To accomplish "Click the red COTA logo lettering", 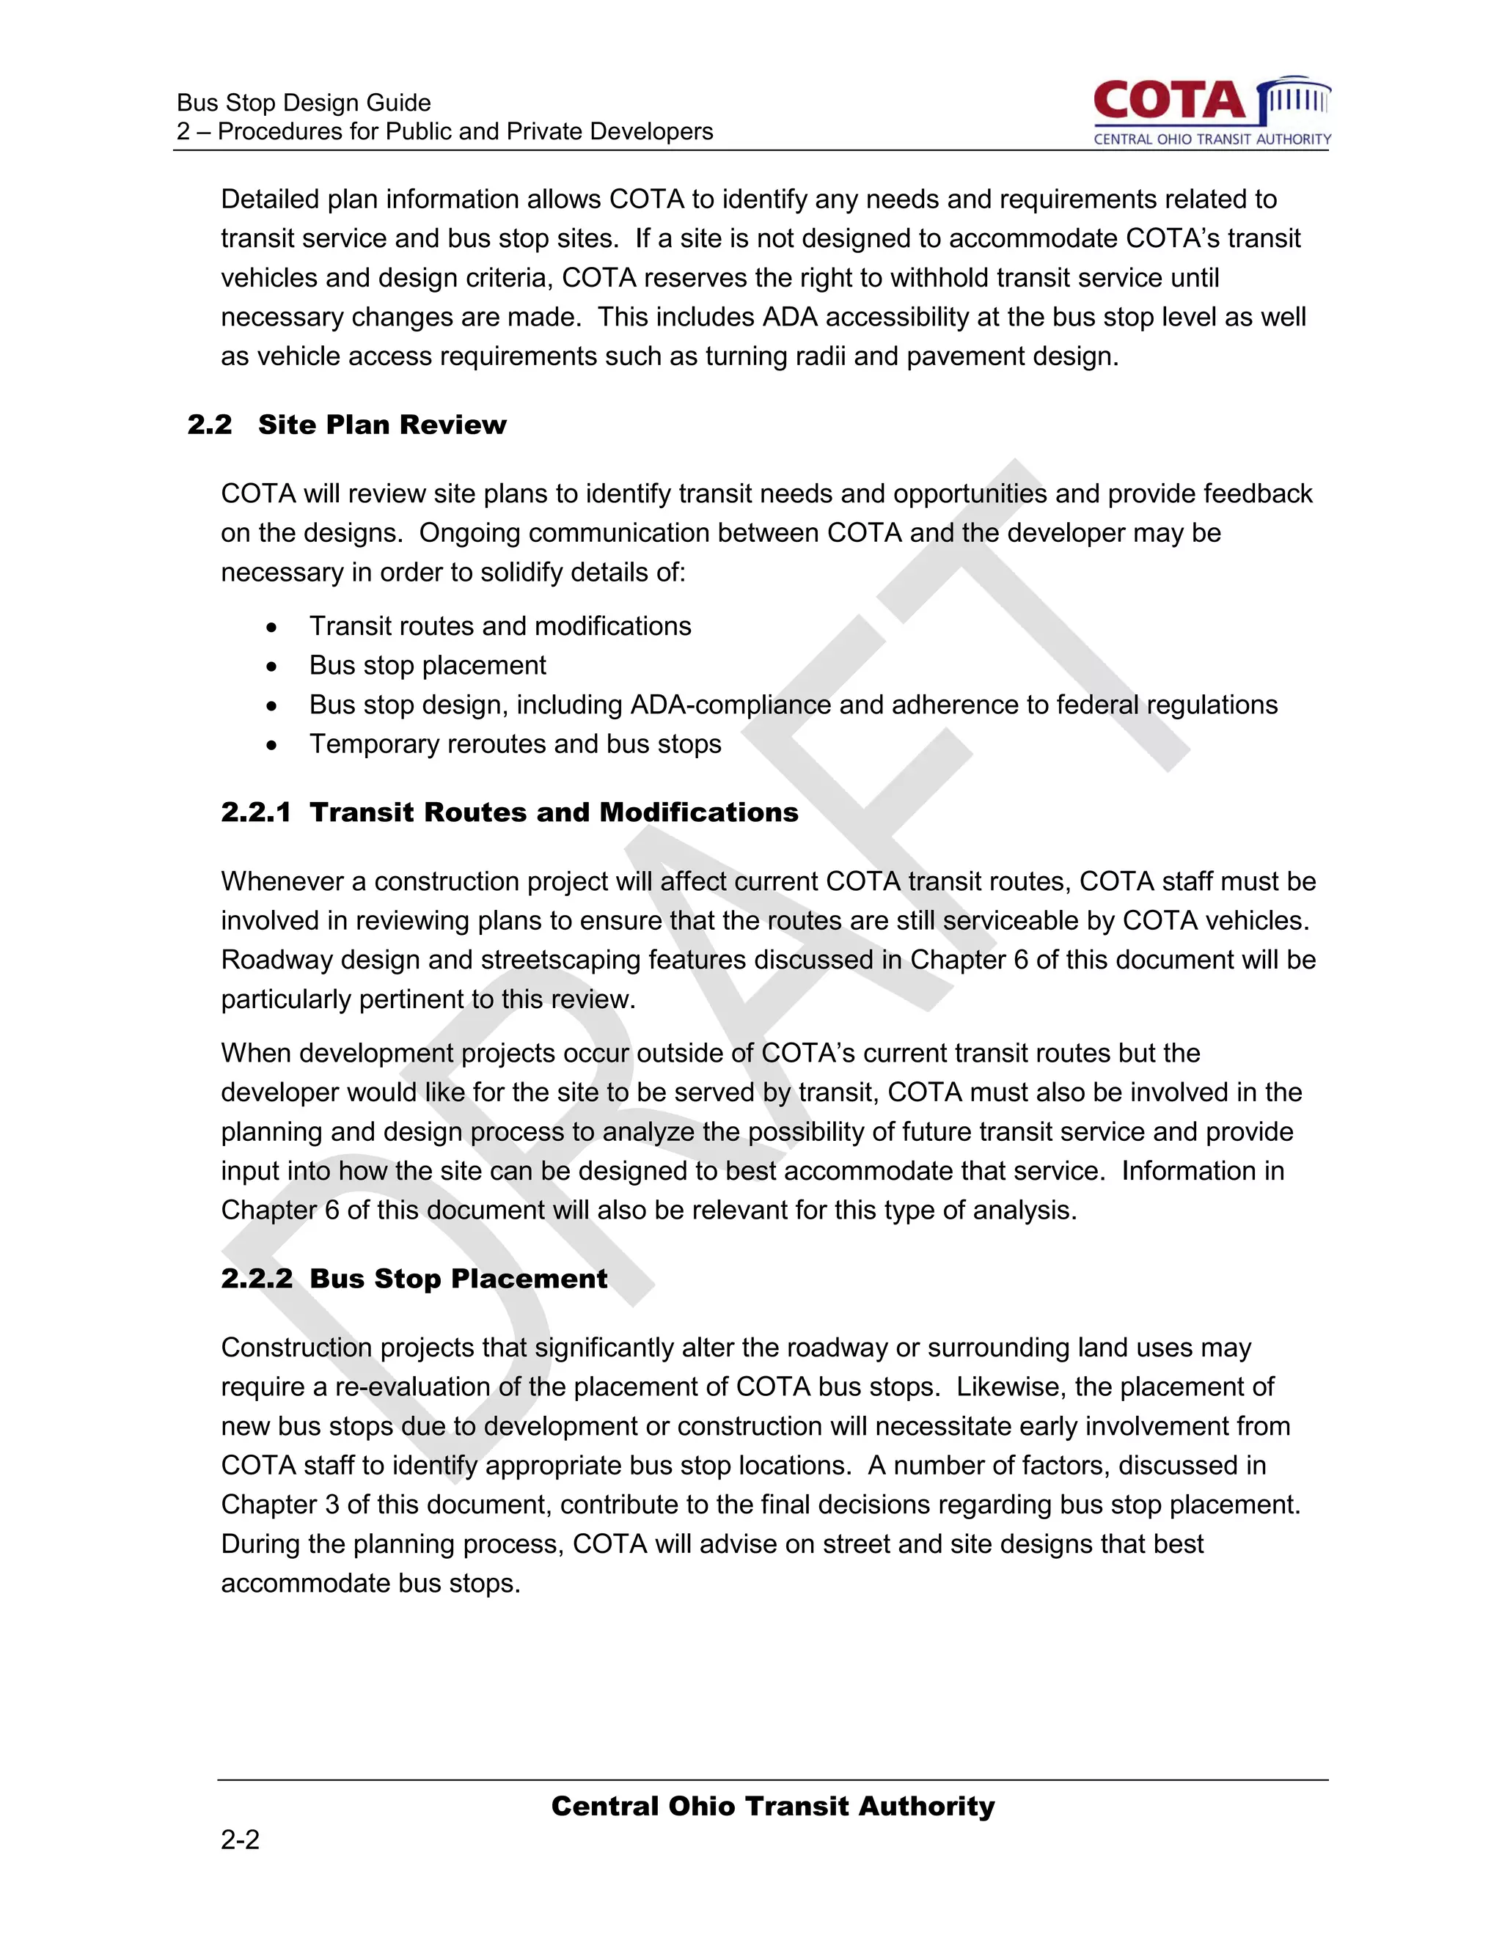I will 1169,101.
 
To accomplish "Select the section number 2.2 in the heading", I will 210,425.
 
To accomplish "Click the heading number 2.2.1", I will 256,812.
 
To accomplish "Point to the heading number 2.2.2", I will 256,1279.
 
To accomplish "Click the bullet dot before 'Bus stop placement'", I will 271,666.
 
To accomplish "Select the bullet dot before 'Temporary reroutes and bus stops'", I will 271,745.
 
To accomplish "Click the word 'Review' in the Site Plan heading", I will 453,425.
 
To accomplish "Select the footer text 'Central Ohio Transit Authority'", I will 772,1806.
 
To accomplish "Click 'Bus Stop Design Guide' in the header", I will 304,103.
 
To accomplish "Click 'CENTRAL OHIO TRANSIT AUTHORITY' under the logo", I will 1212,139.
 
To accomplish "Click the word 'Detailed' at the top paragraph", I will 270,199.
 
